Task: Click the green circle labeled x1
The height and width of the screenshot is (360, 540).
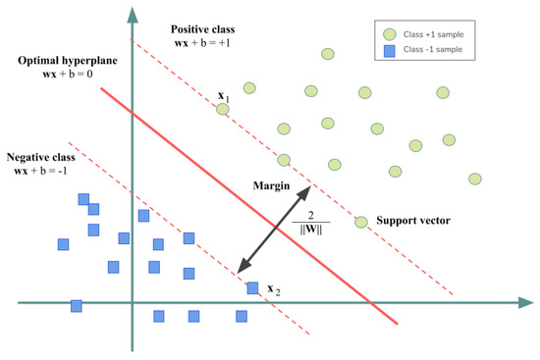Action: pos(223,109)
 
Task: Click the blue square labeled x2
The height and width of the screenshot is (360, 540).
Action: pos(252,287)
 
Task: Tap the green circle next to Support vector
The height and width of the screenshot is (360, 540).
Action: pos(361,222)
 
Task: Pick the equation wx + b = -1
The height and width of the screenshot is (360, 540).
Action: pos(45,173)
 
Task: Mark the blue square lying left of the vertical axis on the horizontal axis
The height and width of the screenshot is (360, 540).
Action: pos(77,305)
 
